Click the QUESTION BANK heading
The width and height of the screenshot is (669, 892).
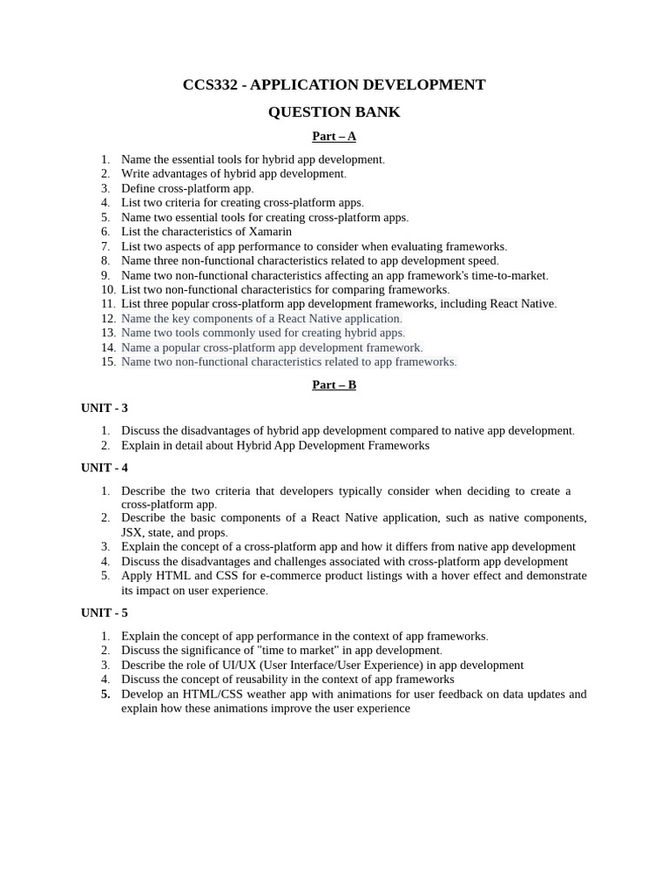[334, 111]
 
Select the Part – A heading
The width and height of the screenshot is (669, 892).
[334, 136]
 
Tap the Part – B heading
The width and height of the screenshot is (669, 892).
[334, 385]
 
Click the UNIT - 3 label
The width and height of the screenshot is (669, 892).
[105, 408]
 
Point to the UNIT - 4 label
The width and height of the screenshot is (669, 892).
[105, 468]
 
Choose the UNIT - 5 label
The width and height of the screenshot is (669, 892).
[105, 612]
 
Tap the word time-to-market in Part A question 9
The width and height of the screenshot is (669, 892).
[508, 275]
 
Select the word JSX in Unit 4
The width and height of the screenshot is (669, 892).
[132, 532]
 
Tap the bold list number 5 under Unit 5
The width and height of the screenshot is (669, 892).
[105, 694]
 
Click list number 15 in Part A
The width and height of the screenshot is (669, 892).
[108, 362]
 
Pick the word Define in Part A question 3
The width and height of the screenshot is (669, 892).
[138, 188]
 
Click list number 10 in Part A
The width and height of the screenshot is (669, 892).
[108, 289]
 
